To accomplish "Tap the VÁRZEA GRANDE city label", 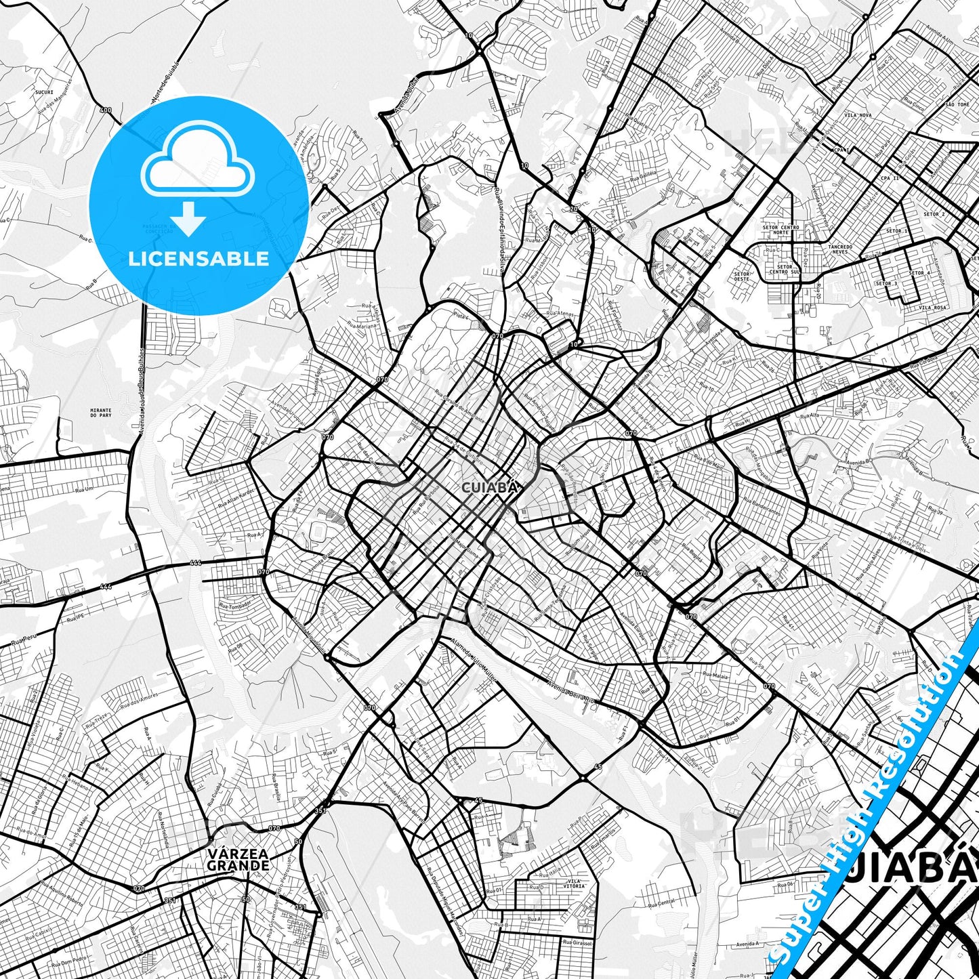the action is pos(238,860).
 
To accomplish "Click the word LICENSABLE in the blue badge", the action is pos(199,259).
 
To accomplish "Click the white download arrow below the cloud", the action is pos(188,218).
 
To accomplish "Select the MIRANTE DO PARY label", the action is pos(101,413).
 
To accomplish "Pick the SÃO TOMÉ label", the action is pos(957,105).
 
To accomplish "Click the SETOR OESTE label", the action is pos(742,276).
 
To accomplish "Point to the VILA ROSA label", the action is pos(932,308).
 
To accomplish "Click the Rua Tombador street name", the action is pos(235,604).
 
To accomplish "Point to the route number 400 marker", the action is pos(105,110).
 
